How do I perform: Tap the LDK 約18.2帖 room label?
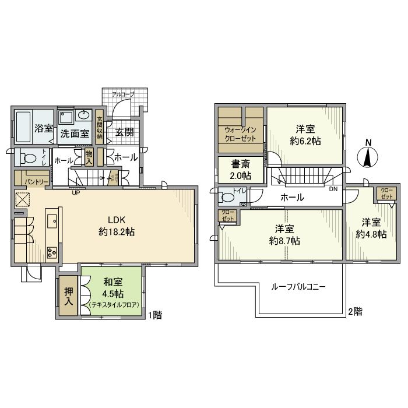(x=121, y=226)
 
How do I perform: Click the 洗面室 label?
(x=75, y=133)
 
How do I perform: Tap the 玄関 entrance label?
(x=123, y=132)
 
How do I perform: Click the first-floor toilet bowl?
(x=27, y=157)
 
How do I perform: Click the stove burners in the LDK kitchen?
(x=51, y=252)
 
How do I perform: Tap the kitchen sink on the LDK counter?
(x=51, y=220)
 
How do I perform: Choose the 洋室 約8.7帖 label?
(x=284, y=234)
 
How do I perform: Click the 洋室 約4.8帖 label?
(x=372, y=228)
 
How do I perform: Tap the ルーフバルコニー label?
(x=298, y=287)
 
